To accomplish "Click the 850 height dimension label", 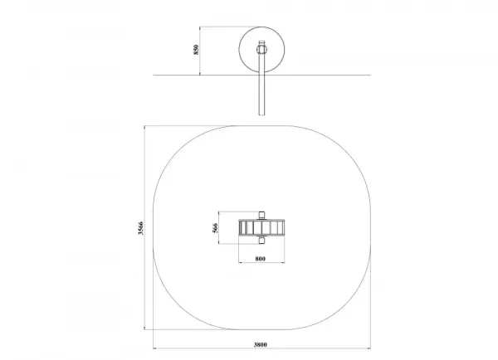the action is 196,50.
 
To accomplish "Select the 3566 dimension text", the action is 141,228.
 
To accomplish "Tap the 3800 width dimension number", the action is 261,345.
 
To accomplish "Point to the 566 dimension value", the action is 215,228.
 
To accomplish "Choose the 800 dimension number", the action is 260,259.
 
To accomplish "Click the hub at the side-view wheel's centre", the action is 261,50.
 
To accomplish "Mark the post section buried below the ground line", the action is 261,95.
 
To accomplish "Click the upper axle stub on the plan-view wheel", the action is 261,215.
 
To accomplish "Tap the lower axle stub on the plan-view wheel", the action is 261,241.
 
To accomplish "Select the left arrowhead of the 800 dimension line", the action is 241,263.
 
